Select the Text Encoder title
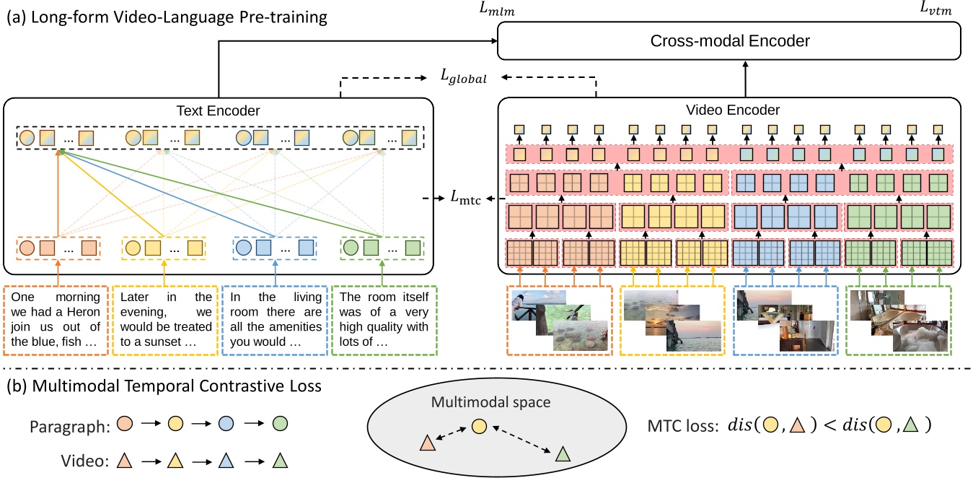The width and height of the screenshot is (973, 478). [218, 110]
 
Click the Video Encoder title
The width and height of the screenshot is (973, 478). [729, 110]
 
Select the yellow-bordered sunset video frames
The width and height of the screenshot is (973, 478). [671, 320]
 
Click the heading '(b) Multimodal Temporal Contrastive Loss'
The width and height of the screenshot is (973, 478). [163, 387]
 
